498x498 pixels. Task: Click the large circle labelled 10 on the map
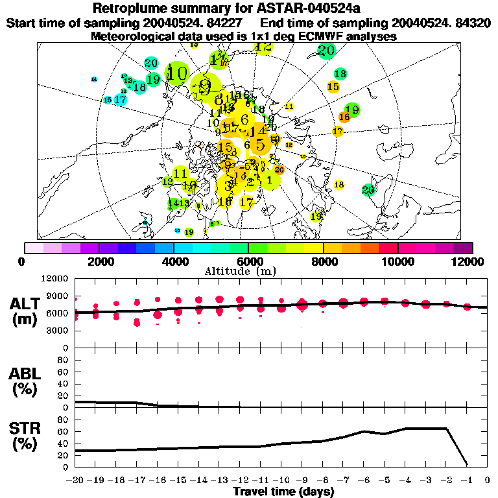(176, 73)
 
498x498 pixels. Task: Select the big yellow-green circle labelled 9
(206, 86)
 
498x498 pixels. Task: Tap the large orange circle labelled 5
(260, 145)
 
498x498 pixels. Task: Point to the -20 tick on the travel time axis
(75, 480)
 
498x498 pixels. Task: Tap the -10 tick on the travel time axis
(281, 480)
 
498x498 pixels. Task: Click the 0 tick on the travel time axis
(488, 480)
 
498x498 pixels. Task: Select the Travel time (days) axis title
(283, 492)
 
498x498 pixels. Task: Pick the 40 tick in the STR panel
(64, 444)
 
